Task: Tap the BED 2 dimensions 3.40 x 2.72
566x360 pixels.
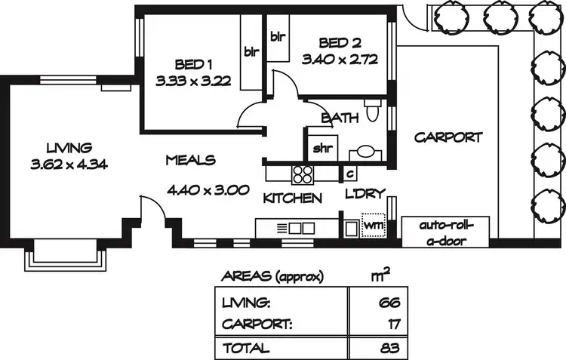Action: (339, 58)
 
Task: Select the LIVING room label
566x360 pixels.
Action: (68, 147)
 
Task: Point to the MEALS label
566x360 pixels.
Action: (190, 160)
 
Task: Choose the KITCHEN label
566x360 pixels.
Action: (293, 198)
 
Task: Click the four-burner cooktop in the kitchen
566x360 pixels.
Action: (303, 174)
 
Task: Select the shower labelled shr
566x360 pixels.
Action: (323, 147)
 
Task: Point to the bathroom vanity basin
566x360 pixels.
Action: (365, 151)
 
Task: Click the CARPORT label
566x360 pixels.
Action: (448, 137)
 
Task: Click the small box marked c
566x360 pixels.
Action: (349, 174)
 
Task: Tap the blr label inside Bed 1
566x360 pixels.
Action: (251, 52)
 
